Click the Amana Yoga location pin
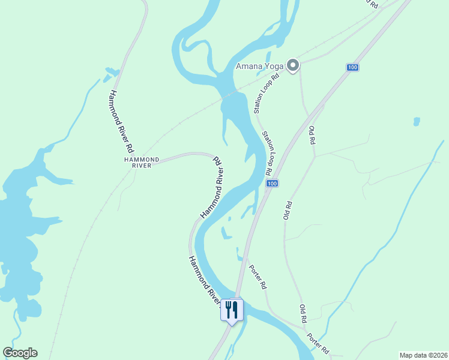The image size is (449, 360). click(293, 65)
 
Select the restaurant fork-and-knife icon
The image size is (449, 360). click(232, 310)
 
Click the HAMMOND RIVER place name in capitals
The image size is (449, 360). click(142, 162)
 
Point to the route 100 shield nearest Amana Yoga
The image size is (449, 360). click(352, 67)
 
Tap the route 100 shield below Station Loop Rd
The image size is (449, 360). click(272, 183)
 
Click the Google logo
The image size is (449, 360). click(20, 353)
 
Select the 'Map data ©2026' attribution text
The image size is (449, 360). click(423, 355)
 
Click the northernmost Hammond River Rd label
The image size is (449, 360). click(120, 120)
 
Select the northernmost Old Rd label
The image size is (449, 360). click(312, 136)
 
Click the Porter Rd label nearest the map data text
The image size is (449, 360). click(318, 344)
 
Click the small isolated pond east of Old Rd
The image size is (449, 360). click(417, 121)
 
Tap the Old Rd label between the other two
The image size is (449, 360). click(288, 209)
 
